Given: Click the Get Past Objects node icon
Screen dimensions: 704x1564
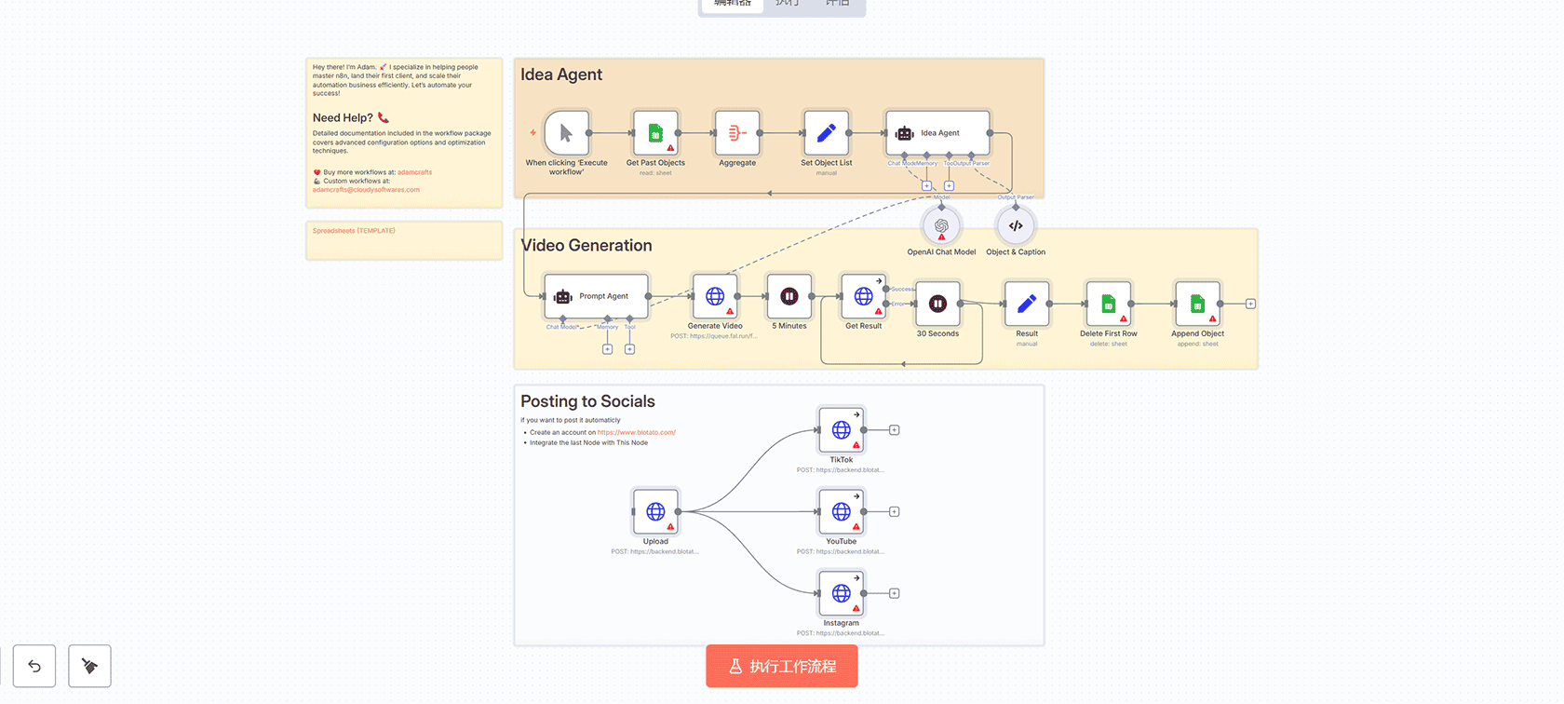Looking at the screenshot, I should click(x=655, y=133).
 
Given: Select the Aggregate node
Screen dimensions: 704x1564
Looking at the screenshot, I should click(x=737, y=133).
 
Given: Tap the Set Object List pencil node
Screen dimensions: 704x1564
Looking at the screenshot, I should click(x=826, y=133).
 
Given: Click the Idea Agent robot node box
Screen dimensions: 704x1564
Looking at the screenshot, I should click(x=937, y=133).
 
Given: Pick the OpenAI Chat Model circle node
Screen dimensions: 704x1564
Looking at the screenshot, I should click(x=941, y=226).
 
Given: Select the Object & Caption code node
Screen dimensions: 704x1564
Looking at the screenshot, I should click(x=1016, y=226).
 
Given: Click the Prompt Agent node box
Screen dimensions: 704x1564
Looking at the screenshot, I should click(x=596, y=296).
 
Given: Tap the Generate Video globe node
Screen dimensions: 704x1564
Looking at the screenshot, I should click(x=715, y=296).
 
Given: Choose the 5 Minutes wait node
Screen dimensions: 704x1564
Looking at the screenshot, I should click(x=789, y=296).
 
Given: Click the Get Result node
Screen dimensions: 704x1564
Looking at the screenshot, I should click(x=863, y=296).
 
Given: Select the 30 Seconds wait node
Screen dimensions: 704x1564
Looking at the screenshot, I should click(x=937, y=304).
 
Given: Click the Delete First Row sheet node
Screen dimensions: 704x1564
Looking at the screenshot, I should click(x=1108, y=304).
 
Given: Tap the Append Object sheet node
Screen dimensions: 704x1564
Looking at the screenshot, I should click(x=1197, y=304).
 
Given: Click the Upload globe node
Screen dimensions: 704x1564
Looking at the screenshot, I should click(x=655, y=511).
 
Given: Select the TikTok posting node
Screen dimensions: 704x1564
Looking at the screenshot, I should click(x=841, y=429).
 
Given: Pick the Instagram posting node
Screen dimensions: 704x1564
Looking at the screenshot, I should click(x=841, y=593).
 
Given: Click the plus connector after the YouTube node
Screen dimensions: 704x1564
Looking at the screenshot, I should click(x=895, y=511).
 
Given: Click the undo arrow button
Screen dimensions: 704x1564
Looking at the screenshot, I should click(x=34, y=666).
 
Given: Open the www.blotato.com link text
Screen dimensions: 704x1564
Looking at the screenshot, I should click(x=637, y=432).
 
